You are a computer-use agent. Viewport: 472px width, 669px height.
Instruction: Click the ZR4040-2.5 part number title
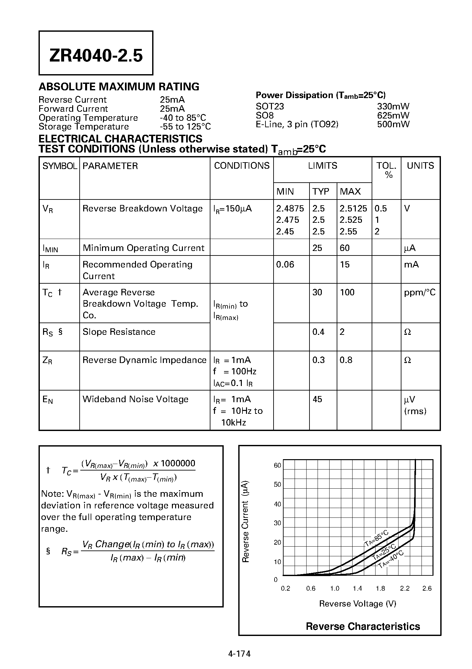96,56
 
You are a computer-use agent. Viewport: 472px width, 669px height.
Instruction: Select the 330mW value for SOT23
393,107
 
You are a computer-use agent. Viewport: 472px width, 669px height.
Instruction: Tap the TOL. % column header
386,170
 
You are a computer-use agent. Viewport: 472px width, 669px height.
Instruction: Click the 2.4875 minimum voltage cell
290,209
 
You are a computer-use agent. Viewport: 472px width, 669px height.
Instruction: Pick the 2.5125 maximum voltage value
353,209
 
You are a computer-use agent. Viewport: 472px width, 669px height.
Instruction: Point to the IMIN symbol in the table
51,249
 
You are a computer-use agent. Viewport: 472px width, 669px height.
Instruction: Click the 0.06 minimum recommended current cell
285,265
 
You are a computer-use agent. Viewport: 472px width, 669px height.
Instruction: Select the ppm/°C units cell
420,292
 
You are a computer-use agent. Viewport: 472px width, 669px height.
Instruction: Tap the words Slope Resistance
119,332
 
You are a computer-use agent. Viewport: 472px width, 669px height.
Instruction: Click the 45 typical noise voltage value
317,399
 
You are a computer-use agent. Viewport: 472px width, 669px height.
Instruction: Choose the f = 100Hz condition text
235,371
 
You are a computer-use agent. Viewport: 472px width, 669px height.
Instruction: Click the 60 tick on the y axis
277,466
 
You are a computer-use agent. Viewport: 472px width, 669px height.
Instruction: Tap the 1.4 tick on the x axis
357,588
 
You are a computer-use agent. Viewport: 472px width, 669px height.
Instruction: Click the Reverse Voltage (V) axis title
358,604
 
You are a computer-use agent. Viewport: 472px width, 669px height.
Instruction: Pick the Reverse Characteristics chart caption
363,627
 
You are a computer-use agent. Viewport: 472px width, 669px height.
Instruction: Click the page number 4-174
240,654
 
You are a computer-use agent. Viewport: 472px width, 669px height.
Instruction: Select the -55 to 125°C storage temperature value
185,127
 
